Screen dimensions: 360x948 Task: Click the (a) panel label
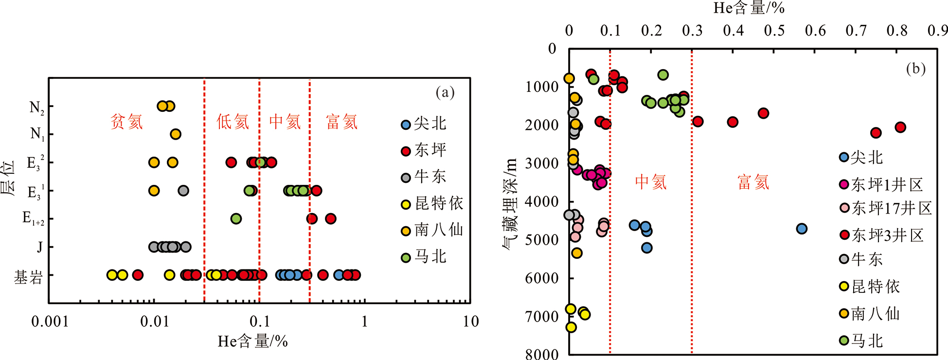[445, 92]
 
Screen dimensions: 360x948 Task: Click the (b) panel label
[915, 69]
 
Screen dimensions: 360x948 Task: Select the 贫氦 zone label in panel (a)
[126, 122]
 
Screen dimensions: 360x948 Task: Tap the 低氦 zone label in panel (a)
[233, 122]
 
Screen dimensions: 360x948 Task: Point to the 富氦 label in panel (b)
[753, 182]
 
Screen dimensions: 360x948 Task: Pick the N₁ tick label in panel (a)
[37, 134]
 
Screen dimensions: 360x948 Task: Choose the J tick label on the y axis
[39, 247]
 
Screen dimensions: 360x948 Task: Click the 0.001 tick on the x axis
[50, 322]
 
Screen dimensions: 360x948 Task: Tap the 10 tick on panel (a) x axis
[470, 322]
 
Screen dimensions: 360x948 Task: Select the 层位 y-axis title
[9, 178]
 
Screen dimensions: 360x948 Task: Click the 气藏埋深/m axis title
[509, 204]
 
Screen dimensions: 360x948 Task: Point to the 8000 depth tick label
[542, 354]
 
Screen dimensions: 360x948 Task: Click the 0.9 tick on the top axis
[937, 31]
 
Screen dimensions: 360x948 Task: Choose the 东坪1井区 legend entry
[881, 185]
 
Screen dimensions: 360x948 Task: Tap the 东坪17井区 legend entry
[886, 209]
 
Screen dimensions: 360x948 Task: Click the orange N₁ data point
[176, 134]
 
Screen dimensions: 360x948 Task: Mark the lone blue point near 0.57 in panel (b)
[802, 229]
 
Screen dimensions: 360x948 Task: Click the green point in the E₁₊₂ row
[236, 219]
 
